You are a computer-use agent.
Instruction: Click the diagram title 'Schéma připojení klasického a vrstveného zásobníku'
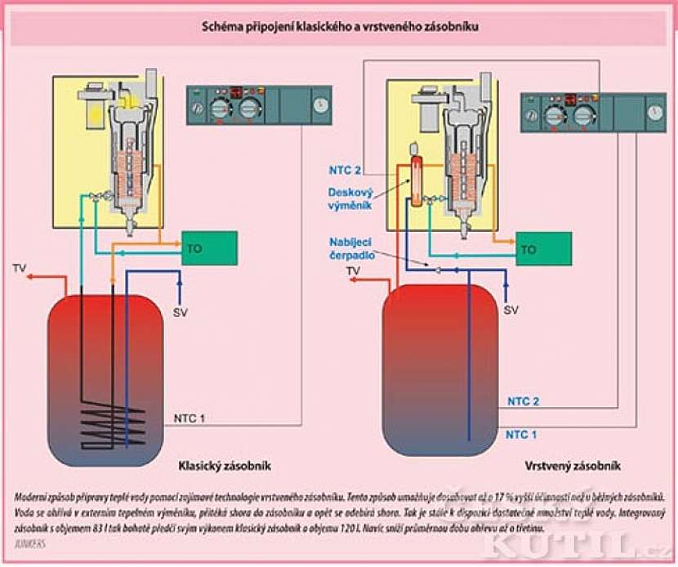[x=340, y=28]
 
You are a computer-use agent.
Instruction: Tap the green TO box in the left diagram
[x=208, y=247]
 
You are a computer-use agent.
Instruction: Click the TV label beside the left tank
[x=20, y=267]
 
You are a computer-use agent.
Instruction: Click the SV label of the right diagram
[x=511, y=310]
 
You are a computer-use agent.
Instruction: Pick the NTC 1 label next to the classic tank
[x=190, y=419]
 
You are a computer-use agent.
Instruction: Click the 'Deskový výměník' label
[x=350, y=199]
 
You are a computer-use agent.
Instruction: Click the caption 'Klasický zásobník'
[x=225, y=466]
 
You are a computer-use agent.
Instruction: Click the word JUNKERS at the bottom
[x=29, y=542]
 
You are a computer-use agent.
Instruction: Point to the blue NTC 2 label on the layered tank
[x=524, y=401]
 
